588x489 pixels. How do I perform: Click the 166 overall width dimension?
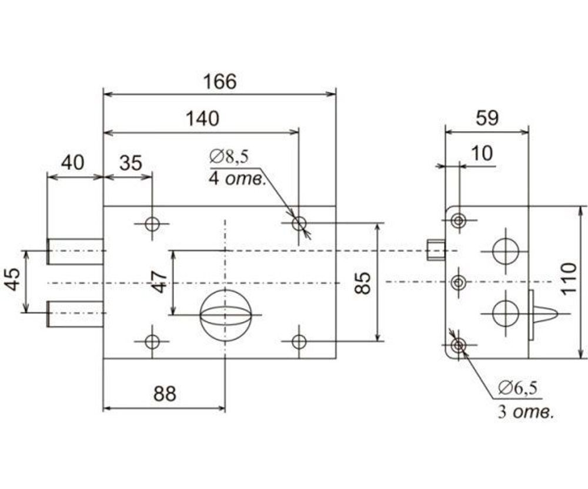point(220,82)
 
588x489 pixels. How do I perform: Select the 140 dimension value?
point(202,119)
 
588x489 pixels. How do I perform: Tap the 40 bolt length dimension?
point(72,163)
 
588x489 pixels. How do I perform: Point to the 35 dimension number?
point(131,163)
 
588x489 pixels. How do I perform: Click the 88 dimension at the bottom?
point(165,394)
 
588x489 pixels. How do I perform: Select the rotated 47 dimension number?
point(159,282)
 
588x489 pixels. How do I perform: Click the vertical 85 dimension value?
point(363,283)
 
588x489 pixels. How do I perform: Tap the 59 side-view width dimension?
point(487,119)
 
